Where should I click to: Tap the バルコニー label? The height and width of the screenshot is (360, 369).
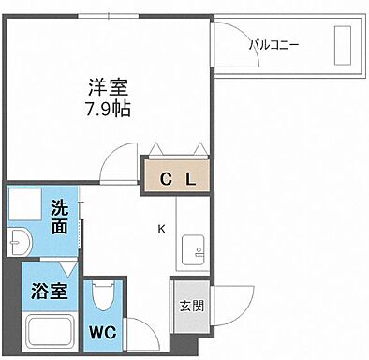tap(273, 43)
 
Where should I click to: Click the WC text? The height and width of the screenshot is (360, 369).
tap(103, 332)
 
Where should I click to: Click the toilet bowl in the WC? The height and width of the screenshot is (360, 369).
tap(104, 299)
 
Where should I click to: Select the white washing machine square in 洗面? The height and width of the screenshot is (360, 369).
tap(25, 205)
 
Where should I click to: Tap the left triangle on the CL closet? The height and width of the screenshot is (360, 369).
tap(155, 147)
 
